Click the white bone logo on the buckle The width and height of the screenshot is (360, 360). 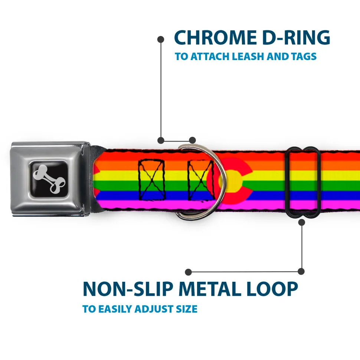coord(49,179)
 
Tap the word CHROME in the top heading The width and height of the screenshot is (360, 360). coord(216,37)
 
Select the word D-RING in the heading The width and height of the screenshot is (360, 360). coord(296,37)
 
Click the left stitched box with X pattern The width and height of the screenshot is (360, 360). coord(152,179)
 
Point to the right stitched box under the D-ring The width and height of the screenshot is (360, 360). coord(200,179)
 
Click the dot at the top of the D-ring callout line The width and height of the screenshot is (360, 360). coord(161,39)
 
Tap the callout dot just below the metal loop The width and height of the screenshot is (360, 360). coord(301,222)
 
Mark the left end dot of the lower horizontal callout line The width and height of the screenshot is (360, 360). coord(188,272)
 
